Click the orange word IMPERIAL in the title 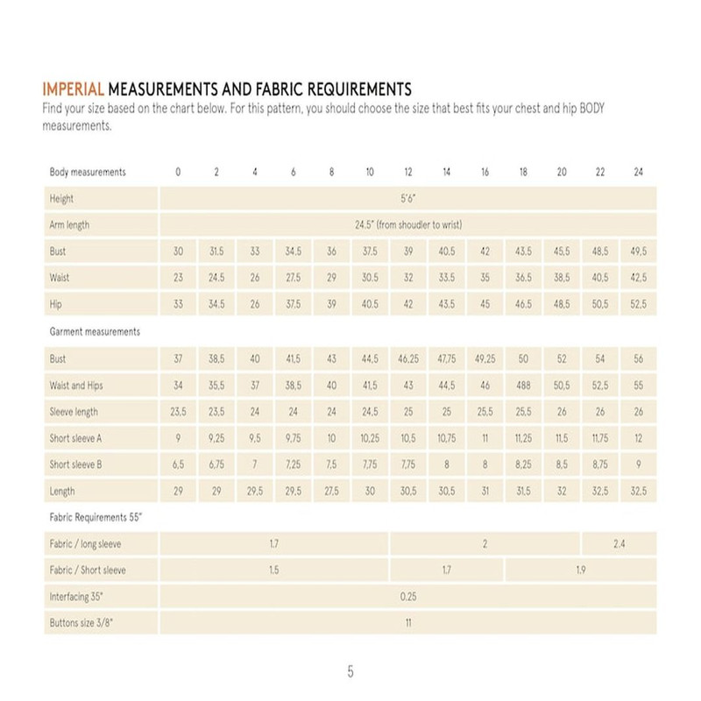(x=74, y=89)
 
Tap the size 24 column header (x=638, y=173)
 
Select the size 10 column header (x=370, y=173)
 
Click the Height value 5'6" (x=407, y=199)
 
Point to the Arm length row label (x=70, y=225)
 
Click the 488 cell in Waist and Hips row (x=523, y=386)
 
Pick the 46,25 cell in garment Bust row (x=408, y=359)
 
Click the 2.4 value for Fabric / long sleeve (x=619, y=544)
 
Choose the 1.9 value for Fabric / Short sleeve (x=580, y=570)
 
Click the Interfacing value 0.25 (x=407, y=597)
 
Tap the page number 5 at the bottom (x=350, y=672)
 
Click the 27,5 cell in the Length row (x=331, y=492)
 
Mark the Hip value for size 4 (x=254, y=305)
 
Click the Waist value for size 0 (x=178, y=279)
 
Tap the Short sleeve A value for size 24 (x=638, y=438)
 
